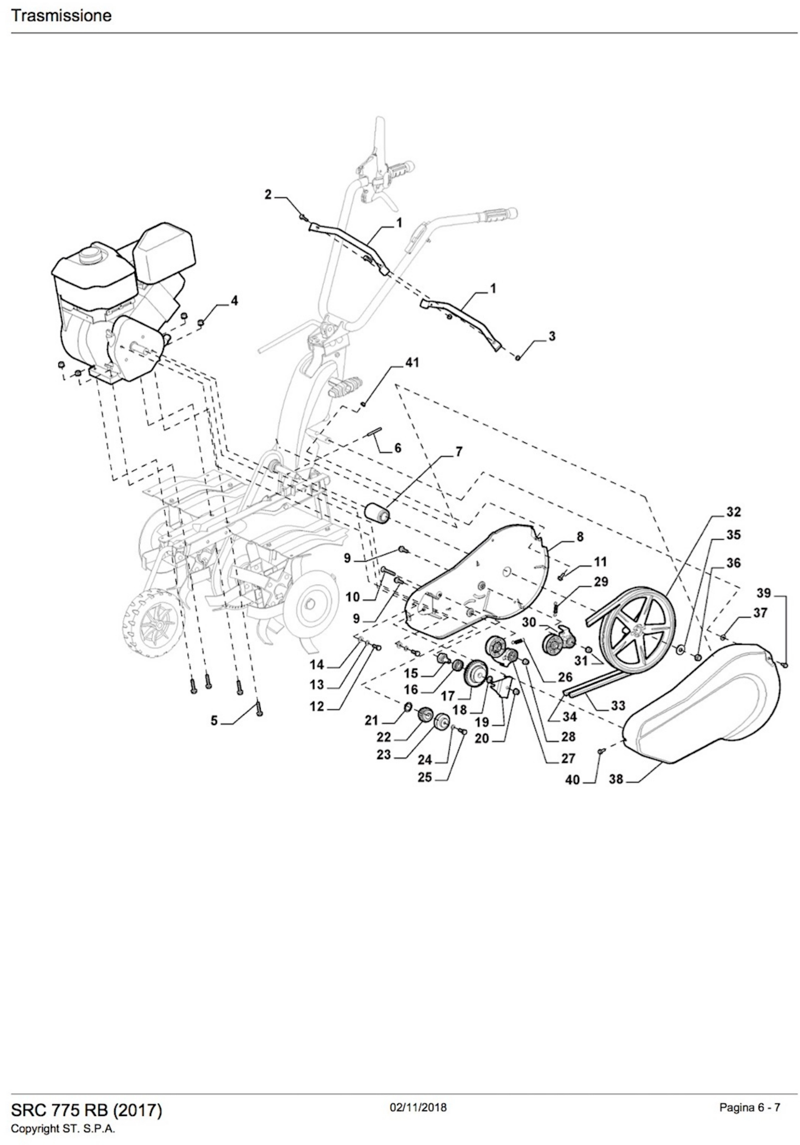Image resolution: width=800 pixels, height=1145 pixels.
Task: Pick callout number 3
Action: pyautogui.click(x=552, y=336)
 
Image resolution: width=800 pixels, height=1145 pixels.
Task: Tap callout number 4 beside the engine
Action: pyautogui.click(x=234, y=301)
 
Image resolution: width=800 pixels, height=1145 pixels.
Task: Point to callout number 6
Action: pyautogui.click(x=397, y=448)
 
